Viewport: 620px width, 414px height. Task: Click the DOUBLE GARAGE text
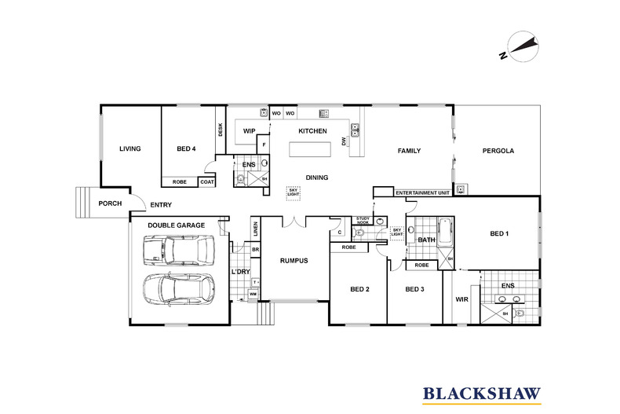coord(177,225)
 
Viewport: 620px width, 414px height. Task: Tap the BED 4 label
coord(186,148)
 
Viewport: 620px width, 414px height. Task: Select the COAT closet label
coord(207,182)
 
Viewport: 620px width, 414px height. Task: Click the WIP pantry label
coord(250,131)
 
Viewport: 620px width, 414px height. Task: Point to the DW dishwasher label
coord(344,141)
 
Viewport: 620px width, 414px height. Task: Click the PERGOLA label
coord(498,151)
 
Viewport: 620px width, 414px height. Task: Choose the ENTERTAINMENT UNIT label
coord(422,192)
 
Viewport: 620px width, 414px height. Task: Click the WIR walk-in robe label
coord(461,299)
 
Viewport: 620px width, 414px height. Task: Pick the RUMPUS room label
coord(294,261)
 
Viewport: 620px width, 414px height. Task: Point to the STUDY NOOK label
coord(363,221)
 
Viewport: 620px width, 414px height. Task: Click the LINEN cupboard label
coord(255,229)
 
